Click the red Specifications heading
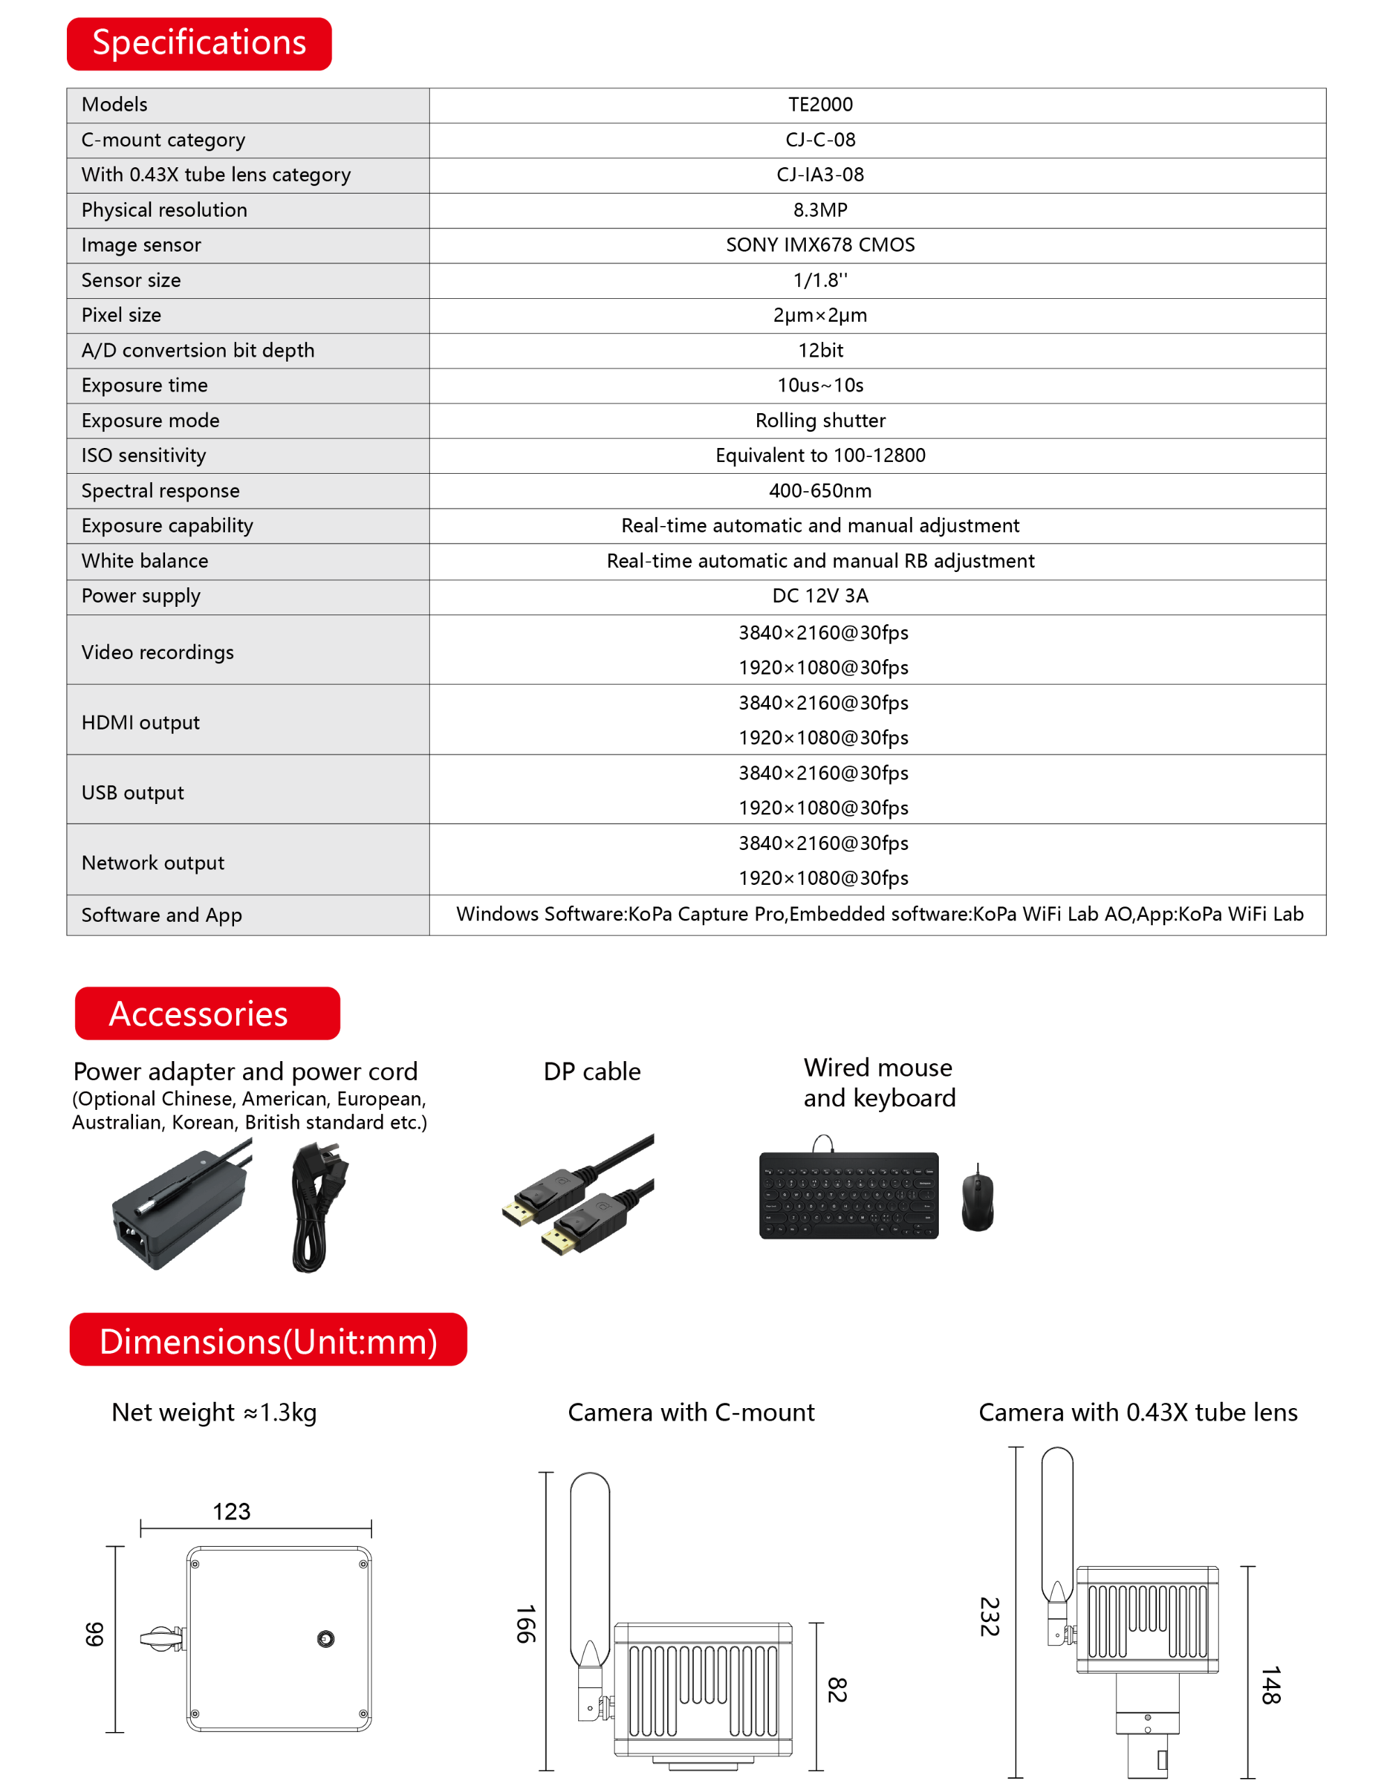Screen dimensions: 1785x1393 (199, 43)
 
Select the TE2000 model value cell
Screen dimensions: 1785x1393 (820, 105)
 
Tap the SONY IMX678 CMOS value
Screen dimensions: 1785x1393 (820, 245)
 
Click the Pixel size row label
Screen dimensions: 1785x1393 (122, 316)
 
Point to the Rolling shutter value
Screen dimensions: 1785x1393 (820, 421)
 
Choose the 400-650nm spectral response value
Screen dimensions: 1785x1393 (820, 491)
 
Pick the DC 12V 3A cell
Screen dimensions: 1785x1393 (820, 596)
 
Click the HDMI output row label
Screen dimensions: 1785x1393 (141, 722)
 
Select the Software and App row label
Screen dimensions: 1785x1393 (162, 915)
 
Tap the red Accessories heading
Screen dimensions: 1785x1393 (207, 1014)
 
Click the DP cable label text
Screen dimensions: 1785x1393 (591, 1072)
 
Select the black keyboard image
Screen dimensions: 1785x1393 (848, 1195)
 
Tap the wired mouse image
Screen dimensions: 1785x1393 (977, 1201)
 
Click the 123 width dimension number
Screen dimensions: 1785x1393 (231, 1512)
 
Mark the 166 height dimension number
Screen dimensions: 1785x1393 (525, 1624)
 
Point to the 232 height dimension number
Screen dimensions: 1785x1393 (990, 1616)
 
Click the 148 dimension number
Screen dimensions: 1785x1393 (1270, 1685)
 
